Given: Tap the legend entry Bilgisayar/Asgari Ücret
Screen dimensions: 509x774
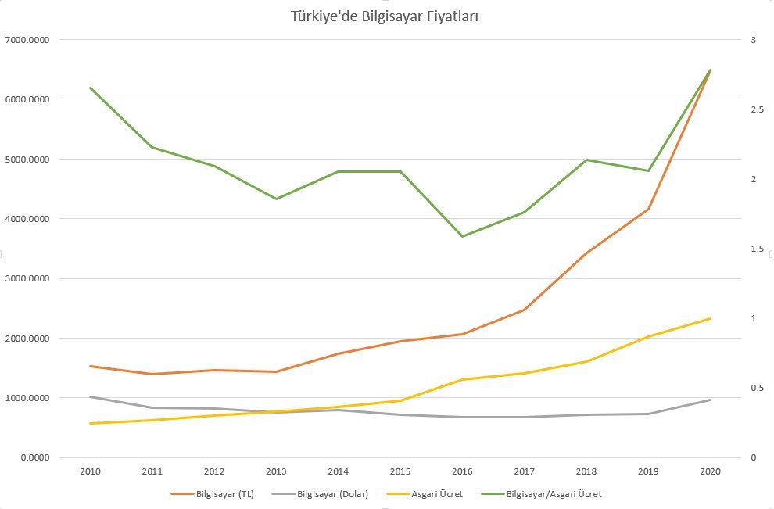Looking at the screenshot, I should coord(554,494).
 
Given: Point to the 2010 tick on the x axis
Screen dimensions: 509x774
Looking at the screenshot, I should coord(91,471).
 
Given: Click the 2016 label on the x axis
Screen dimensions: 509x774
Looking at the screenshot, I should coord(462,471).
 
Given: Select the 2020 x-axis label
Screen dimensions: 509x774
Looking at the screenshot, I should coord(710,471).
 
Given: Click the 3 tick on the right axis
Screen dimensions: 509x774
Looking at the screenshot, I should coord(752,40).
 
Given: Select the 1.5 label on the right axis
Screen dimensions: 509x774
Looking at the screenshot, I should coord(755,249).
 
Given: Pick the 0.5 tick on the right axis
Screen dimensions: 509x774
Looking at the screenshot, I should coord(755,388).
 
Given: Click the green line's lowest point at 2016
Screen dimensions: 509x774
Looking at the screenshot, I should coord(462,236).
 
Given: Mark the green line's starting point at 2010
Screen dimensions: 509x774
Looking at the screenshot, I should coord(91,88).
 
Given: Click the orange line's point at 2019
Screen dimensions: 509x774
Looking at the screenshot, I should coord(648,209).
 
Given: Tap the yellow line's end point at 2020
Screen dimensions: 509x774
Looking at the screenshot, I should coord(710,318).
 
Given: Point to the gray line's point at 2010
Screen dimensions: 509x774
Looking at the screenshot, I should coord(91,396).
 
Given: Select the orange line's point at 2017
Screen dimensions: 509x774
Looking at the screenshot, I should coord(524,310).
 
